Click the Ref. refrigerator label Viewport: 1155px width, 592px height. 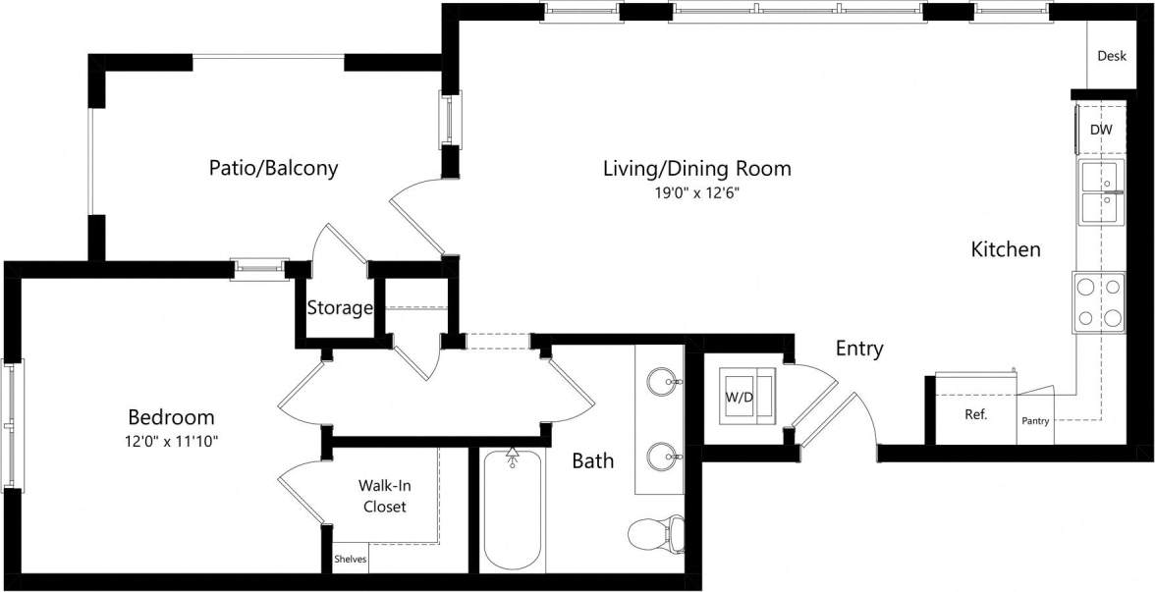[975, 414]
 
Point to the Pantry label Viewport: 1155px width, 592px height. [1035, 421]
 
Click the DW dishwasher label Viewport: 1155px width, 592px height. [1101, 130]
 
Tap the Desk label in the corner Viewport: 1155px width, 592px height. [1112, 56]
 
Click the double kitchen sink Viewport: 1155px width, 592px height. [1101, 194]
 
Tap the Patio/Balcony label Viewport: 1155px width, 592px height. [273, 168]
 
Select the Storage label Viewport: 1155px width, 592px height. [340, 307]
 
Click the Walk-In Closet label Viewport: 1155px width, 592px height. [384, 496]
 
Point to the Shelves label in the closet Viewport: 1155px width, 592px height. [351, 559]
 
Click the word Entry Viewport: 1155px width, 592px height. [859, 349]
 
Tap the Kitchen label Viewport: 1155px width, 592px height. [1005, 249]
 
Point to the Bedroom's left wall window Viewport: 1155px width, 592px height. [14, 426]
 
